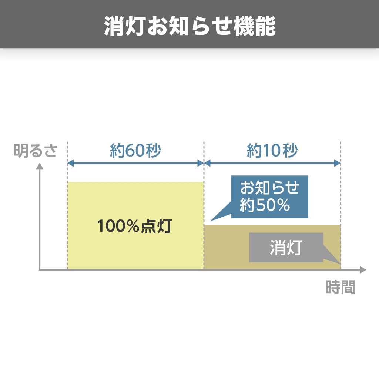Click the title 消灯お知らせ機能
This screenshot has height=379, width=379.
189,25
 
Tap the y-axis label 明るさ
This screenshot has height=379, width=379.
35,151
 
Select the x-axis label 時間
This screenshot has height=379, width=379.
340,287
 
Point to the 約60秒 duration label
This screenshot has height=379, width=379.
135,151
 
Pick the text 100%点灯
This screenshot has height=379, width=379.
134,226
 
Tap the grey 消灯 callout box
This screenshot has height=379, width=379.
286,248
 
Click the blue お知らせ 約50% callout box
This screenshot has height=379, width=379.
269,196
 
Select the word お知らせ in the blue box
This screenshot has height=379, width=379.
269,188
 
